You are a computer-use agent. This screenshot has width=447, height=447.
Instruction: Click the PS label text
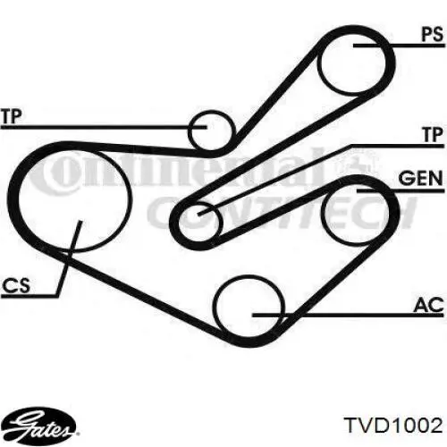click(433, 34)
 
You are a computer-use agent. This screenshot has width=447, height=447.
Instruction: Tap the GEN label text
click(420, 179)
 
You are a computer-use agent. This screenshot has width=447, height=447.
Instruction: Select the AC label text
click(428, 305)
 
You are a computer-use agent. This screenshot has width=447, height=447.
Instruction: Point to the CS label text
click(16, 285)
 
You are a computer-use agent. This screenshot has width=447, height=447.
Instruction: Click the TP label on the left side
click(12, 116)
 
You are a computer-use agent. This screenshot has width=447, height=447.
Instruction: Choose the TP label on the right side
click(433, 134)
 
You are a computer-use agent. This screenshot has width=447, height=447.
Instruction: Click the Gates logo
click(42, 423)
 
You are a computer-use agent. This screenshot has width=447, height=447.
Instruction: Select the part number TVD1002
click(393, 425)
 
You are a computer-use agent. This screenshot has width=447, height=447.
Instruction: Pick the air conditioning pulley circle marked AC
click(214, 307)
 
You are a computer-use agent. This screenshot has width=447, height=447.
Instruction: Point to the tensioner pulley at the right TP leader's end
click(222, 221)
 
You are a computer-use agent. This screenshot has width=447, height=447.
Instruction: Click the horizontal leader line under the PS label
click(399, 46)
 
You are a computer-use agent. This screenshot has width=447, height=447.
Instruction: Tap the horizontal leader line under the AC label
click(349, 315)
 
